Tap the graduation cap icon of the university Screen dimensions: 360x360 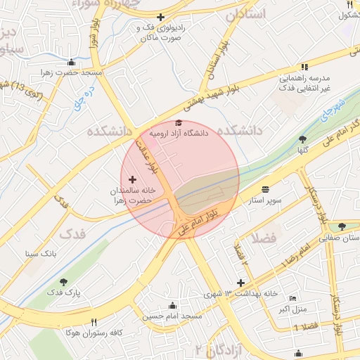click(178, 123)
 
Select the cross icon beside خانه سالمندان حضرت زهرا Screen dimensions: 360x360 click(133, 181)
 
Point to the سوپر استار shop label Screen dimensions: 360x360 click(264, 200)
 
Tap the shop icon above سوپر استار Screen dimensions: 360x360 click(265, 190)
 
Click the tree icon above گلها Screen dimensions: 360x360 click(302, 139)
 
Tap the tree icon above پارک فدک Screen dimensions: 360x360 click(65, 281)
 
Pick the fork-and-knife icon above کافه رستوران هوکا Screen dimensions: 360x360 click(94, 322)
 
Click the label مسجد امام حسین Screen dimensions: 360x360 click(172, 316)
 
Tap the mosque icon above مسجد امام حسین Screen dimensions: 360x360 click(172, 305)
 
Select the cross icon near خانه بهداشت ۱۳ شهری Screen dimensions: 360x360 click(241, 283)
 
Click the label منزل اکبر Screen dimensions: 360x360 click(292, 309)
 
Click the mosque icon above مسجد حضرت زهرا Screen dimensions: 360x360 click(71, 63)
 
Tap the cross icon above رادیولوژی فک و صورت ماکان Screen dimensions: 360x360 click(160, 17)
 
